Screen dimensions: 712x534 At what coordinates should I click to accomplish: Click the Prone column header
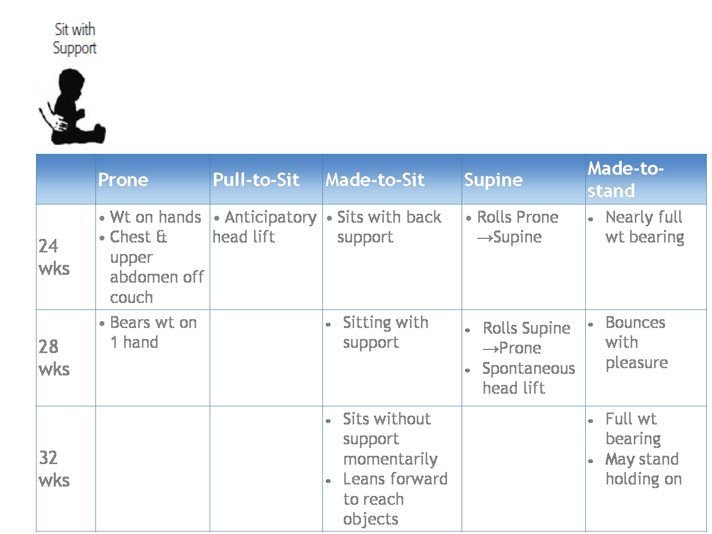click(123, 179)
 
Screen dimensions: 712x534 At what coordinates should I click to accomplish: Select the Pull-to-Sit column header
click(256, 179)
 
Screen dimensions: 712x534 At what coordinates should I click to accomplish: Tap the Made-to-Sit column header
click(375, 179)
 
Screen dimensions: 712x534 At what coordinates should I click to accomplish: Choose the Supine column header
click(493, 180)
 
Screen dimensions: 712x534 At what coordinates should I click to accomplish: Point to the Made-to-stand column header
click(626, 179)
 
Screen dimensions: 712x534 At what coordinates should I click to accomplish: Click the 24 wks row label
click(54, 257)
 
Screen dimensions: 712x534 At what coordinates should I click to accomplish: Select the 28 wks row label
click(54, 358)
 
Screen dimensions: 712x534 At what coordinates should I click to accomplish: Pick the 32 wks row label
click(54, 469)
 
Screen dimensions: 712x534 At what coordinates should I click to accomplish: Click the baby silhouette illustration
click(73, 106)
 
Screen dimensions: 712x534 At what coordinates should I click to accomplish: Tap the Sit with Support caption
click(75, 39)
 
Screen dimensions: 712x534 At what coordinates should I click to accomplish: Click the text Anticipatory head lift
click(264, 227)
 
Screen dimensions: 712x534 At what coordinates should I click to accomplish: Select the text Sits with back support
click(389, 227)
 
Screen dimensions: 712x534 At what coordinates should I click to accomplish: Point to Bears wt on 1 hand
click(153, 332)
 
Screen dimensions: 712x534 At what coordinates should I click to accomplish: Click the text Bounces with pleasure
click(637, 343)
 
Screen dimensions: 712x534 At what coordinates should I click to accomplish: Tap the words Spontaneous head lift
click(528, 379)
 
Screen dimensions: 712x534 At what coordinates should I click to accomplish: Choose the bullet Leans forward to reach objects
click(395, 499)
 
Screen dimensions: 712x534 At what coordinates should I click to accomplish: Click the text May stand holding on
click(644, 469)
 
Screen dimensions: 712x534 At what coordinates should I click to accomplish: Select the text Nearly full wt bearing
click(645, 227)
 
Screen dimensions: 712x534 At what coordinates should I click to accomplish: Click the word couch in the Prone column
click(131, 298)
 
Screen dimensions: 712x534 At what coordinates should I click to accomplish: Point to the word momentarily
click(391, 459)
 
